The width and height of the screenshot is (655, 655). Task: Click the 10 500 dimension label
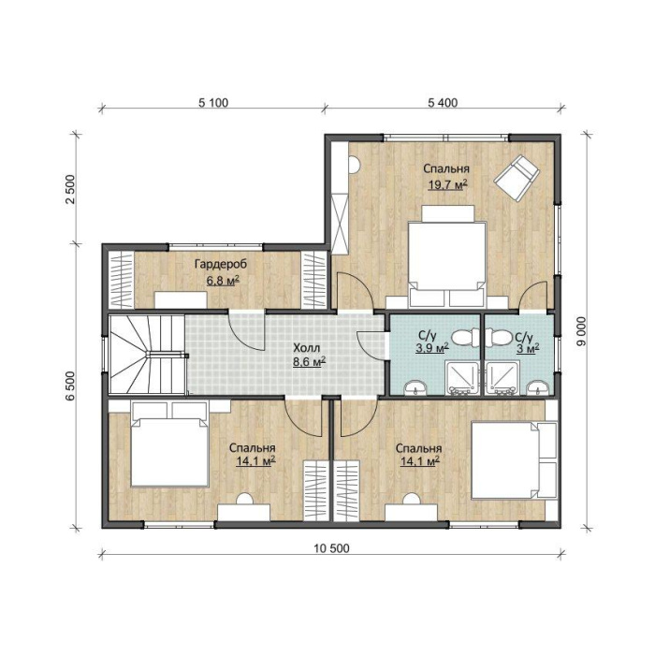tap(331, 547)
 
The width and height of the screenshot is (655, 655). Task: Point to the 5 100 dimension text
tap(213, 102)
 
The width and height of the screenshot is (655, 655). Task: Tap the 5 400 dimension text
tap(443, 102)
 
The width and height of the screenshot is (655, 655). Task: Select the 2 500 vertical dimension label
tap(70, 189)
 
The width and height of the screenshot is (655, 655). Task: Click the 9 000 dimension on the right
tap(581, 331)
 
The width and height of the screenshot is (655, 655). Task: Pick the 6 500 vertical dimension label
tap(70, 386)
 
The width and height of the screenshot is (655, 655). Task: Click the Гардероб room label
tap(221, 265)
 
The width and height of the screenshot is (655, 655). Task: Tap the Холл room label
tap(307, 348)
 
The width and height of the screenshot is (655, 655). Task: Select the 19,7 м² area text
tap(447, 184)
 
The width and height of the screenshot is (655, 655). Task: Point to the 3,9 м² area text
tap(432, 347)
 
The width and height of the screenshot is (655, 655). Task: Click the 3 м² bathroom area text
tap(528, 347)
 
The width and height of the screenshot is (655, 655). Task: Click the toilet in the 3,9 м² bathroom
tap(466, 338)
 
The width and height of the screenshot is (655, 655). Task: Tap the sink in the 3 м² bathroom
tap(538, 388)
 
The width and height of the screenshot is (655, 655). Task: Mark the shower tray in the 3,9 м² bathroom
tap(462, 378)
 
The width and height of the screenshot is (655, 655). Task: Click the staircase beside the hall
tap(147, 355)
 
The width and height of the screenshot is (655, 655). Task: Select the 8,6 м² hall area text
tap(309, 362)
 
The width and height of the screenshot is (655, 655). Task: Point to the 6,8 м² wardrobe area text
tap(223, 280)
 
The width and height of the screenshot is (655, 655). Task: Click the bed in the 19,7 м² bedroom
tap(447, 255)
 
